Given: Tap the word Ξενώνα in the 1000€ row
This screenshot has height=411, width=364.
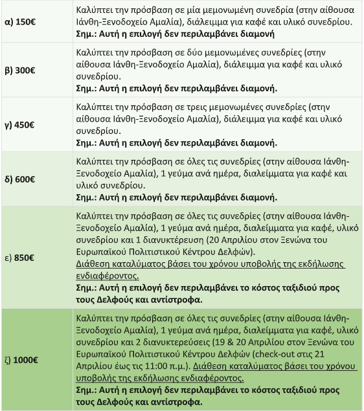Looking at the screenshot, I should tap(323, 342).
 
